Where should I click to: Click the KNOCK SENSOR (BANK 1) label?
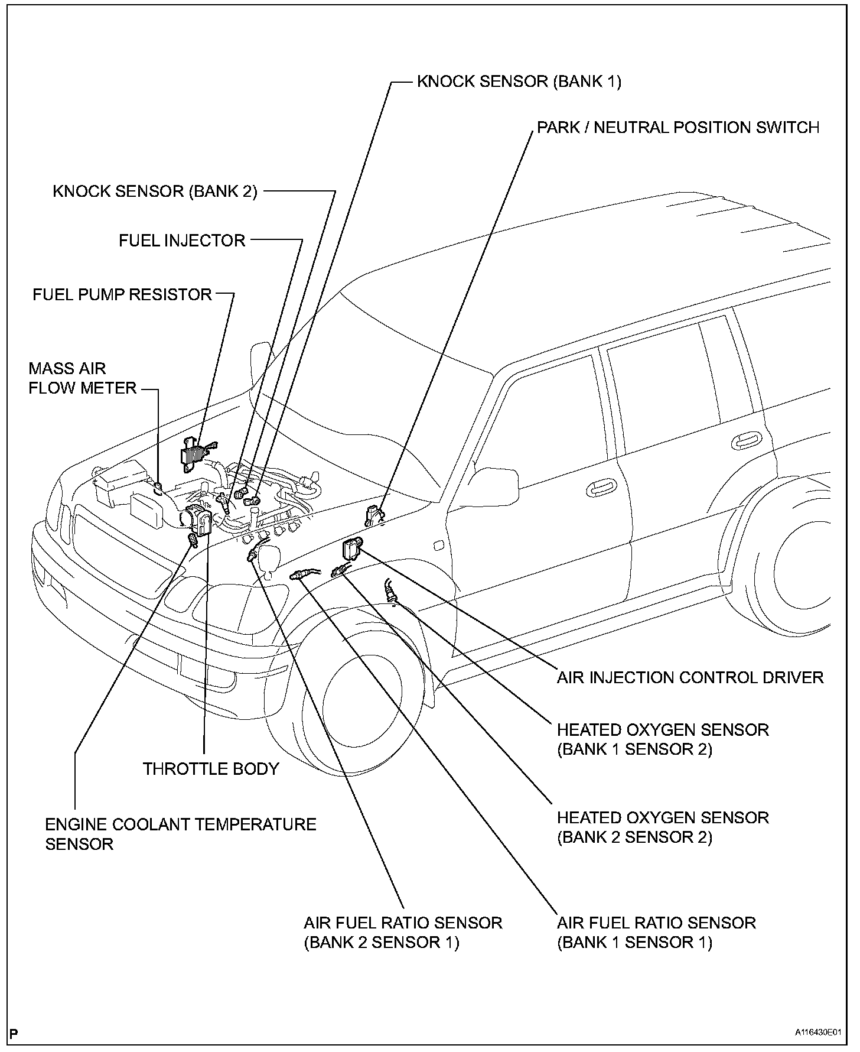[x=519, y=81]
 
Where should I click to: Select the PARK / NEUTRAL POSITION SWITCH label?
[x=677, y=128]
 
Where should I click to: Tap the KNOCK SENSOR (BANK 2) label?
[x=155, y=191]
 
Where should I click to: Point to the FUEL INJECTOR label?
[x=182, y=241]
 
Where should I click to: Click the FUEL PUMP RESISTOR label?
[x=122, y=294]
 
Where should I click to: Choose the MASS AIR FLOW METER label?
[x=82, y=378]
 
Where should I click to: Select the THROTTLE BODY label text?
[x=210, y=769]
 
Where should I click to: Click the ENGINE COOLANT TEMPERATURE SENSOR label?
[x=180, y=834]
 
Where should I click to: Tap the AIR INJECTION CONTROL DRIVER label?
[x=690, y=677]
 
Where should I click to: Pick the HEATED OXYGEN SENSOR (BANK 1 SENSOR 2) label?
[x=663, y=739]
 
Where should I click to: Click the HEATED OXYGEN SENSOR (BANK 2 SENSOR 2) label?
[x=663, y=827]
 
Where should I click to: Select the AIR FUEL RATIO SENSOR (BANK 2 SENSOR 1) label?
[x=403, y=932]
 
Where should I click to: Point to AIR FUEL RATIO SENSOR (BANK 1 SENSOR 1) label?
[x=656, y=932]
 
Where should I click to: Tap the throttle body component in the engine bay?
[x=198, y=519]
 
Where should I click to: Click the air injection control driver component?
[x=352, y=548]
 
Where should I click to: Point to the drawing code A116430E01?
[x=817, y=1032]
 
